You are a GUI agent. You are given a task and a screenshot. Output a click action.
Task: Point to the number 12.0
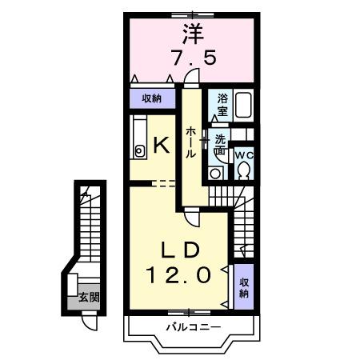[178, 274]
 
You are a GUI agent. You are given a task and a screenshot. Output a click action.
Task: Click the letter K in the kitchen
[159, 146]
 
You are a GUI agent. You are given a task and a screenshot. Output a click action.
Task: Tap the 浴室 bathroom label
[222, 106]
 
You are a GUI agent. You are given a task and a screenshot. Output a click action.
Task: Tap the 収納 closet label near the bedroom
[152, 99]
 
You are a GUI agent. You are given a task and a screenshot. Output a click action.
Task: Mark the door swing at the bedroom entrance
[191, 77]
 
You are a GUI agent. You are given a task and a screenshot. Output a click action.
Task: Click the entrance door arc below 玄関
[88, 322]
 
